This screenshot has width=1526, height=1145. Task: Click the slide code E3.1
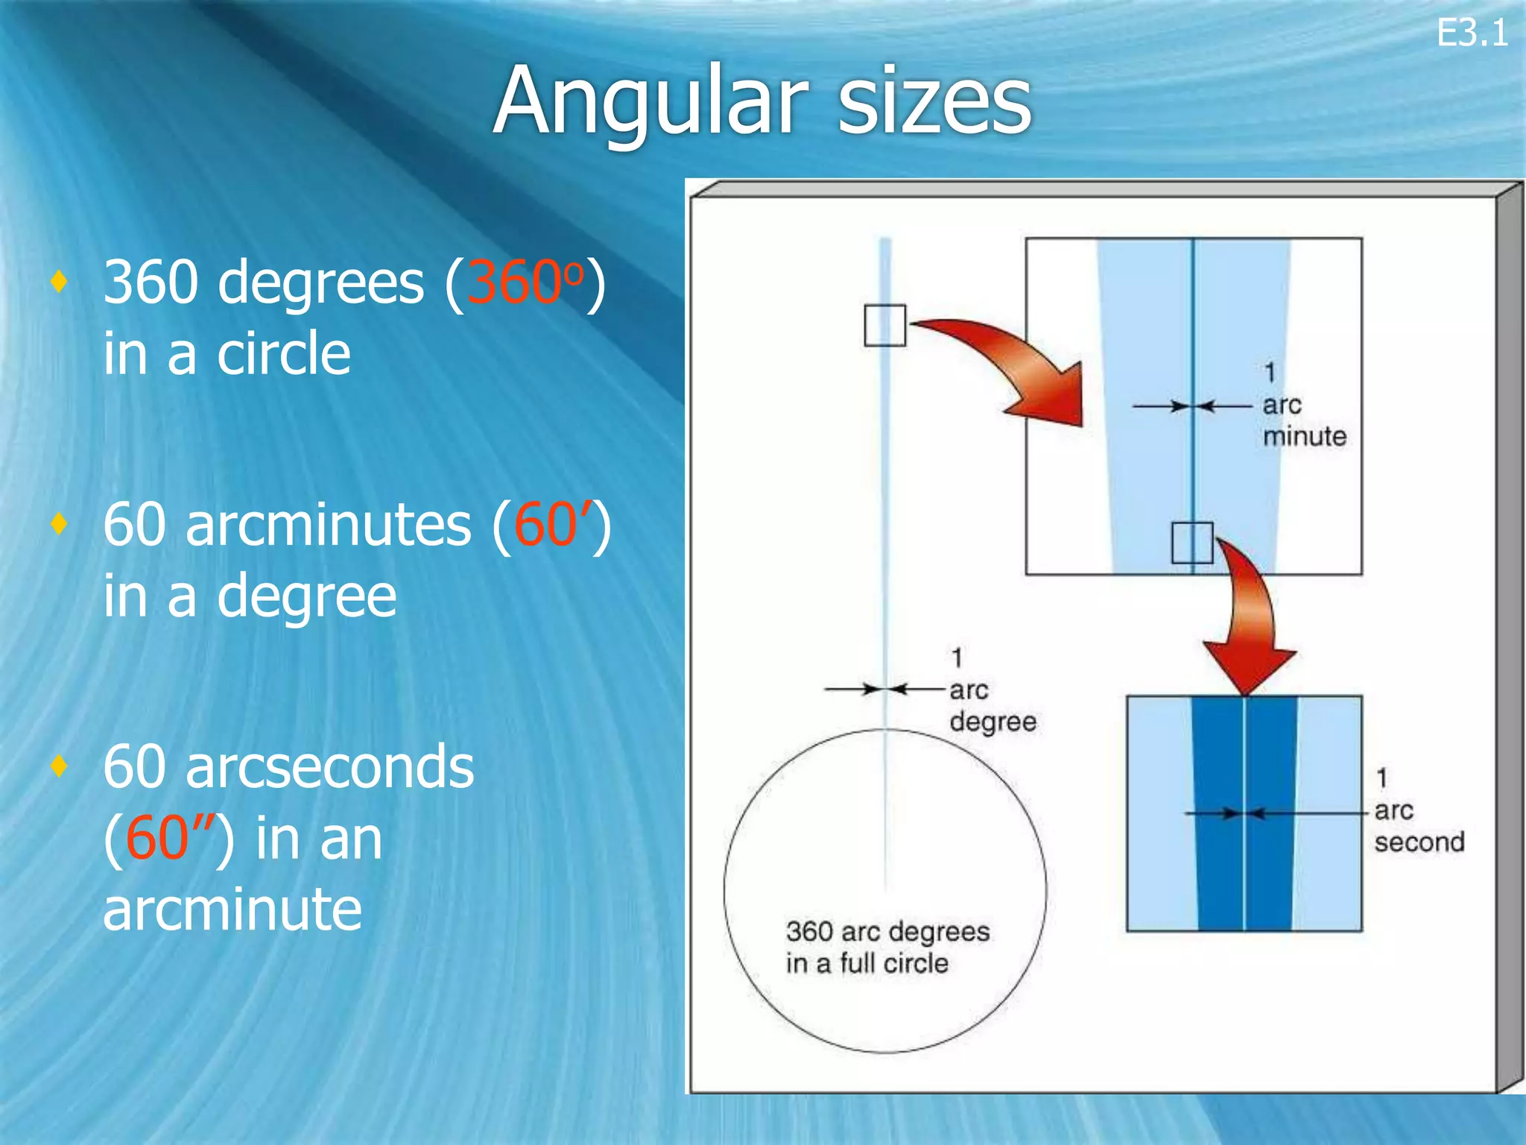click(1472, 34)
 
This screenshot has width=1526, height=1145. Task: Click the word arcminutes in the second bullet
click(329, 525)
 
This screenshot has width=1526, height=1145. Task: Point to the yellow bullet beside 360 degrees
click(60, 281)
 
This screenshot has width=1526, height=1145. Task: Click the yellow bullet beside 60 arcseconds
click(60, 766)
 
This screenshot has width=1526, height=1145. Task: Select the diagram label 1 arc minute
click(1303, 405)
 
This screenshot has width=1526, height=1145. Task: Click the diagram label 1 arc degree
click(992, 690)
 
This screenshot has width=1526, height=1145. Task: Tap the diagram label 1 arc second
click(1418, 810)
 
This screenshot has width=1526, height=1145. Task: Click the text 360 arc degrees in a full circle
click(887, 947)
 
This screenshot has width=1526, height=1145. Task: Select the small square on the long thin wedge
click(884, 326)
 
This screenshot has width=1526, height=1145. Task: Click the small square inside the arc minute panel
click(1192, 543)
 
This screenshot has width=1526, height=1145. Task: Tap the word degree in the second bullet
click(306, 596)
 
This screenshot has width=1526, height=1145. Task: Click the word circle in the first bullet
click(283, 354)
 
